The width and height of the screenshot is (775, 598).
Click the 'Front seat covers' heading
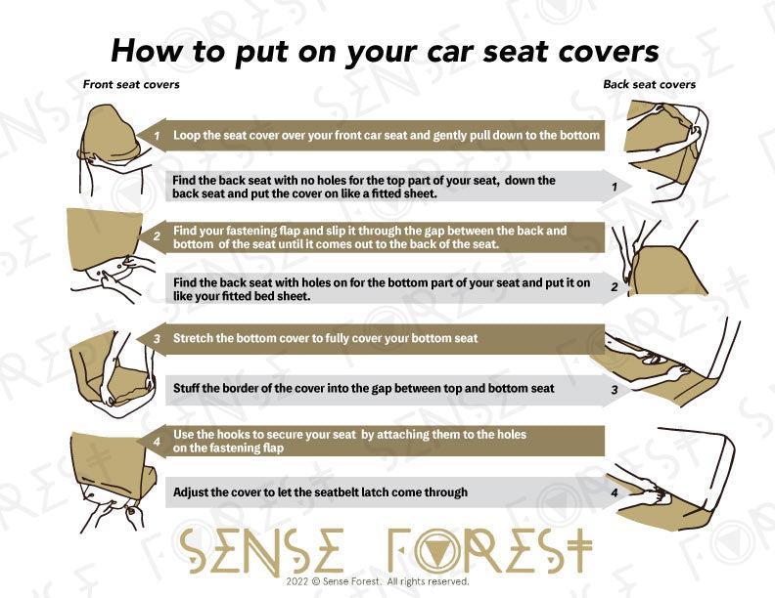[131, 84]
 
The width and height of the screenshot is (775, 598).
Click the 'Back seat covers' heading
[649, 84]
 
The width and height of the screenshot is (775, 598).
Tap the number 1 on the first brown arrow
[157, 135]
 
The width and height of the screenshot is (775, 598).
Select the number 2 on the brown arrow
[157, 236]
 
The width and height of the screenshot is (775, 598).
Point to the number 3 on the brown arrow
[157, 339]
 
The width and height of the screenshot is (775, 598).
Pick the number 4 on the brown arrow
[157, 441]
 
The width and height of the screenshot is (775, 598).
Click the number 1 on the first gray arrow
[615, 187]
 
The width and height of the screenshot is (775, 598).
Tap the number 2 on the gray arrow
[615, 287]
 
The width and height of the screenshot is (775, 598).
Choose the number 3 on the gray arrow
[615, 390]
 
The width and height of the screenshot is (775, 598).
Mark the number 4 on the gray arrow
[615, 492]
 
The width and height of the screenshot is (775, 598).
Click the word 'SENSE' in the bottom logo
[261, 551]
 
